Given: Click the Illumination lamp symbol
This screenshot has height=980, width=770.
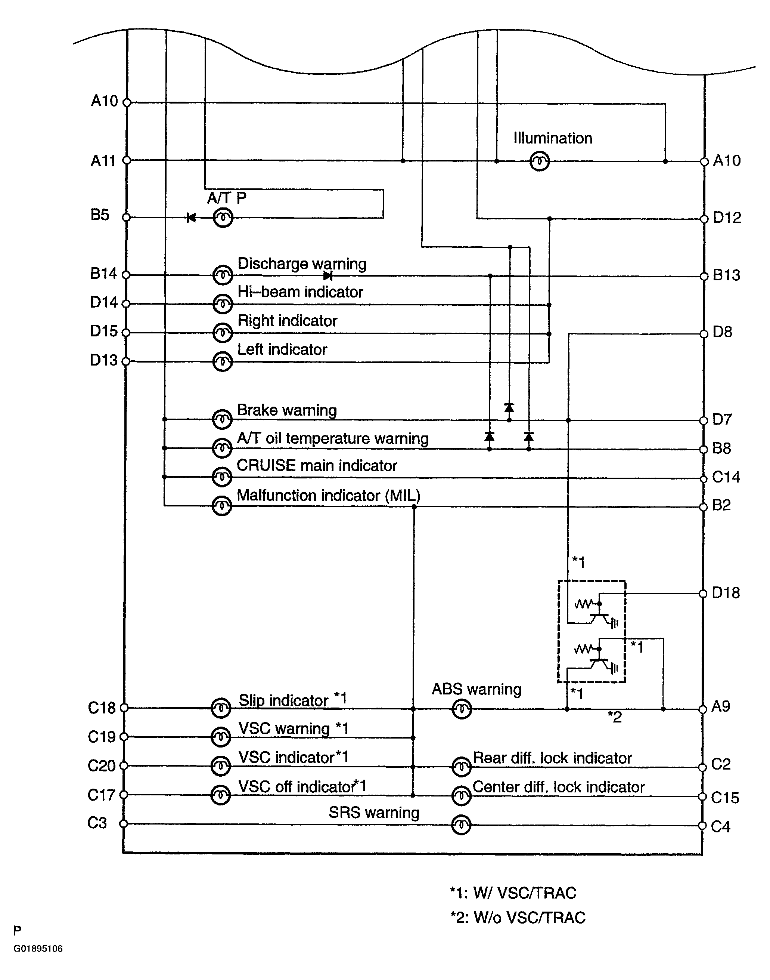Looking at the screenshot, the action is click(x=539, y=161).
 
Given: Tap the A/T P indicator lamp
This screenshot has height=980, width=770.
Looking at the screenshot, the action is click(x=223, y=218).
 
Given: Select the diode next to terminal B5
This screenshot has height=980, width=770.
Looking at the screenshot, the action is click(x=191, y=218).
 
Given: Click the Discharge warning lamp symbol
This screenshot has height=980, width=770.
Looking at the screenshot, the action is click(x=223, y=275).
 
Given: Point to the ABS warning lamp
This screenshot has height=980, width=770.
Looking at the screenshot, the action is click(x=461, y=709).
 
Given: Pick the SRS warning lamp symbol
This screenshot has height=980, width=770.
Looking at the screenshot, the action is click(x=461, y=825).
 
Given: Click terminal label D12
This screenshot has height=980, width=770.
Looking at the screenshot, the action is click(x=727, y=218).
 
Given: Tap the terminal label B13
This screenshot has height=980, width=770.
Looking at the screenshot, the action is click(x=726, y=275).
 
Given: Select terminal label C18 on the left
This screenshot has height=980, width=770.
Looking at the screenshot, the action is click(x=102, y=708).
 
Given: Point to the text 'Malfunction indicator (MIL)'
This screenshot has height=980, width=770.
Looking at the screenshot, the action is click(x=328, y=495).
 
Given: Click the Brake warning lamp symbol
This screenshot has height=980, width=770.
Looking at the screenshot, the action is click(x=222, y=420).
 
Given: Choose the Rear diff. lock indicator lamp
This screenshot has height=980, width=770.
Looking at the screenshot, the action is click(x=461, y=767).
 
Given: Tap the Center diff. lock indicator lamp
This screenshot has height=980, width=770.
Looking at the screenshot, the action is click(x=461, y=796).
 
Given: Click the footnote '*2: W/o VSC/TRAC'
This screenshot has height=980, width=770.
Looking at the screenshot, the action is click(x=518, y=917).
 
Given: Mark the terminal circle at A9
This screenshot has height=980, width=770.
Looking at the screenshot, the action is click(x=702, y=709).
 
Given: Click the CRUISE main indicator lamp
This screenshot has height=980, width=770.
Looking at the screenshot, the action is click(x=222, y=477).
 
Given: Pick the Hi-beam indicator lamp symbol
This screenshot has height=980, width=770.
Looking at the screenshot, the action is click(x=222, y=304).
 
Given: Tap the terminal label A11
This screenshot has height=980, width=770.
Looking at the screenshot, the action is click(x=103, y=161).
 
